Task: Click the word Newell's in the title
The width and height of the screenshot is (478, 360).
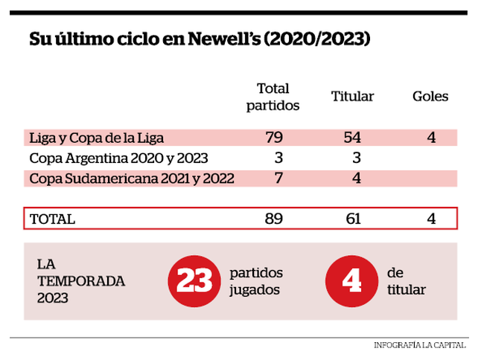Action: pyautogui.click(x=224, y=39)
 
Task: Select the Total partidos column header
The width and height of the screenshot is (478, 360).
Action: pyautogui.click(x=273, y=97)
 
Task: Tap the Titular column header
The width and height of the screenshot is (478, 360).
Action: pyautogui.click(x=352, y=96)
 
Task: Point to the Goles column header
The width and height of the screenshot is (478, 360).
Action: pyautogui.click(x=430, y=96)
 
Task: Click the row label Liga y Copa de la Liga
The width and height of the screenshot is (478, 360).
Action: pyautogui.click(x=96, y=138)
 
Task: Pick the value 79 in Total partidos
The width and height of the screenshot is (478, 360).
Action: pyautogui.click(x=274, y=138)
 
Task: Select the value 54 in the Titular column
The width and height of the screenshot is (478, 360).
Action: pyautogui.click(x=352, y=138)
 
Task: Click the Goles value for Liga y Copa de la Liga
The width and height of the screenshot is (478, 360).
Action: pyautogui.click(x=431, y=138)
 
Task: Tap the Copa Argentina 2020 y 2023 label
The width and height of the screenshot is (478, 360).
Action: pyautogui.click(x=118, y=158)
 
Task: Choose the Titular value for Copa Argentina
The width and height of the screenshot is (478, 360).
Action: pyautogui.click(x=357, y=158)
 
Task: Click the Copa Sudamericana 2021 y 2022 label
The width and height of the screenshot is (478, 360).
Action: pyautogui.click(x=132, y=179)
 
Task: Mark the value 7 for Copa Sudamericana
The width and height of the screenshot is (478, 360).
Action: pyautogui.click(x=278, y=179)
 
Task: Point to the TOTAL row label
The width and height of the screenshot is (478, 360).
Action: pyautogui.click(x=52, y=219)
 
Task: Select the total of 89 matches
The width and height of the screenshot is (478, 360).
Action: pyautogui.click(x=274, y=219)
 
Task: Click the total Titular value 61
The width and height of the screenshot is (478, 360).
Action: pyautogui.click(x=354, y=219)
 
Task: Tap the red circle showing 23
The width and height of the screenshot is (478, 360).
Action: pyautogui.click(x=194, y=281)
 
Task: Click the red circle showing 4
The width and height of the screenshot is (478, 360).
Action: pyautogui.click(x=351, y=281)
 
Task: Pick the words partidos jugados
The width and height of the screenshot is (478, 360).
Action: pyautogui.click(x=256, y=281)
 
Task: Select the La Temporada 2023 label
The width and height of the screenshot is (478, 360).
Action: pyautogui.click(x=81, y=281)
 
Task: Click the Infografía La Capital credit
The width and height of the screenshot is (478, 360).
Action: pyautogui.click(x=420, y=345)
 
